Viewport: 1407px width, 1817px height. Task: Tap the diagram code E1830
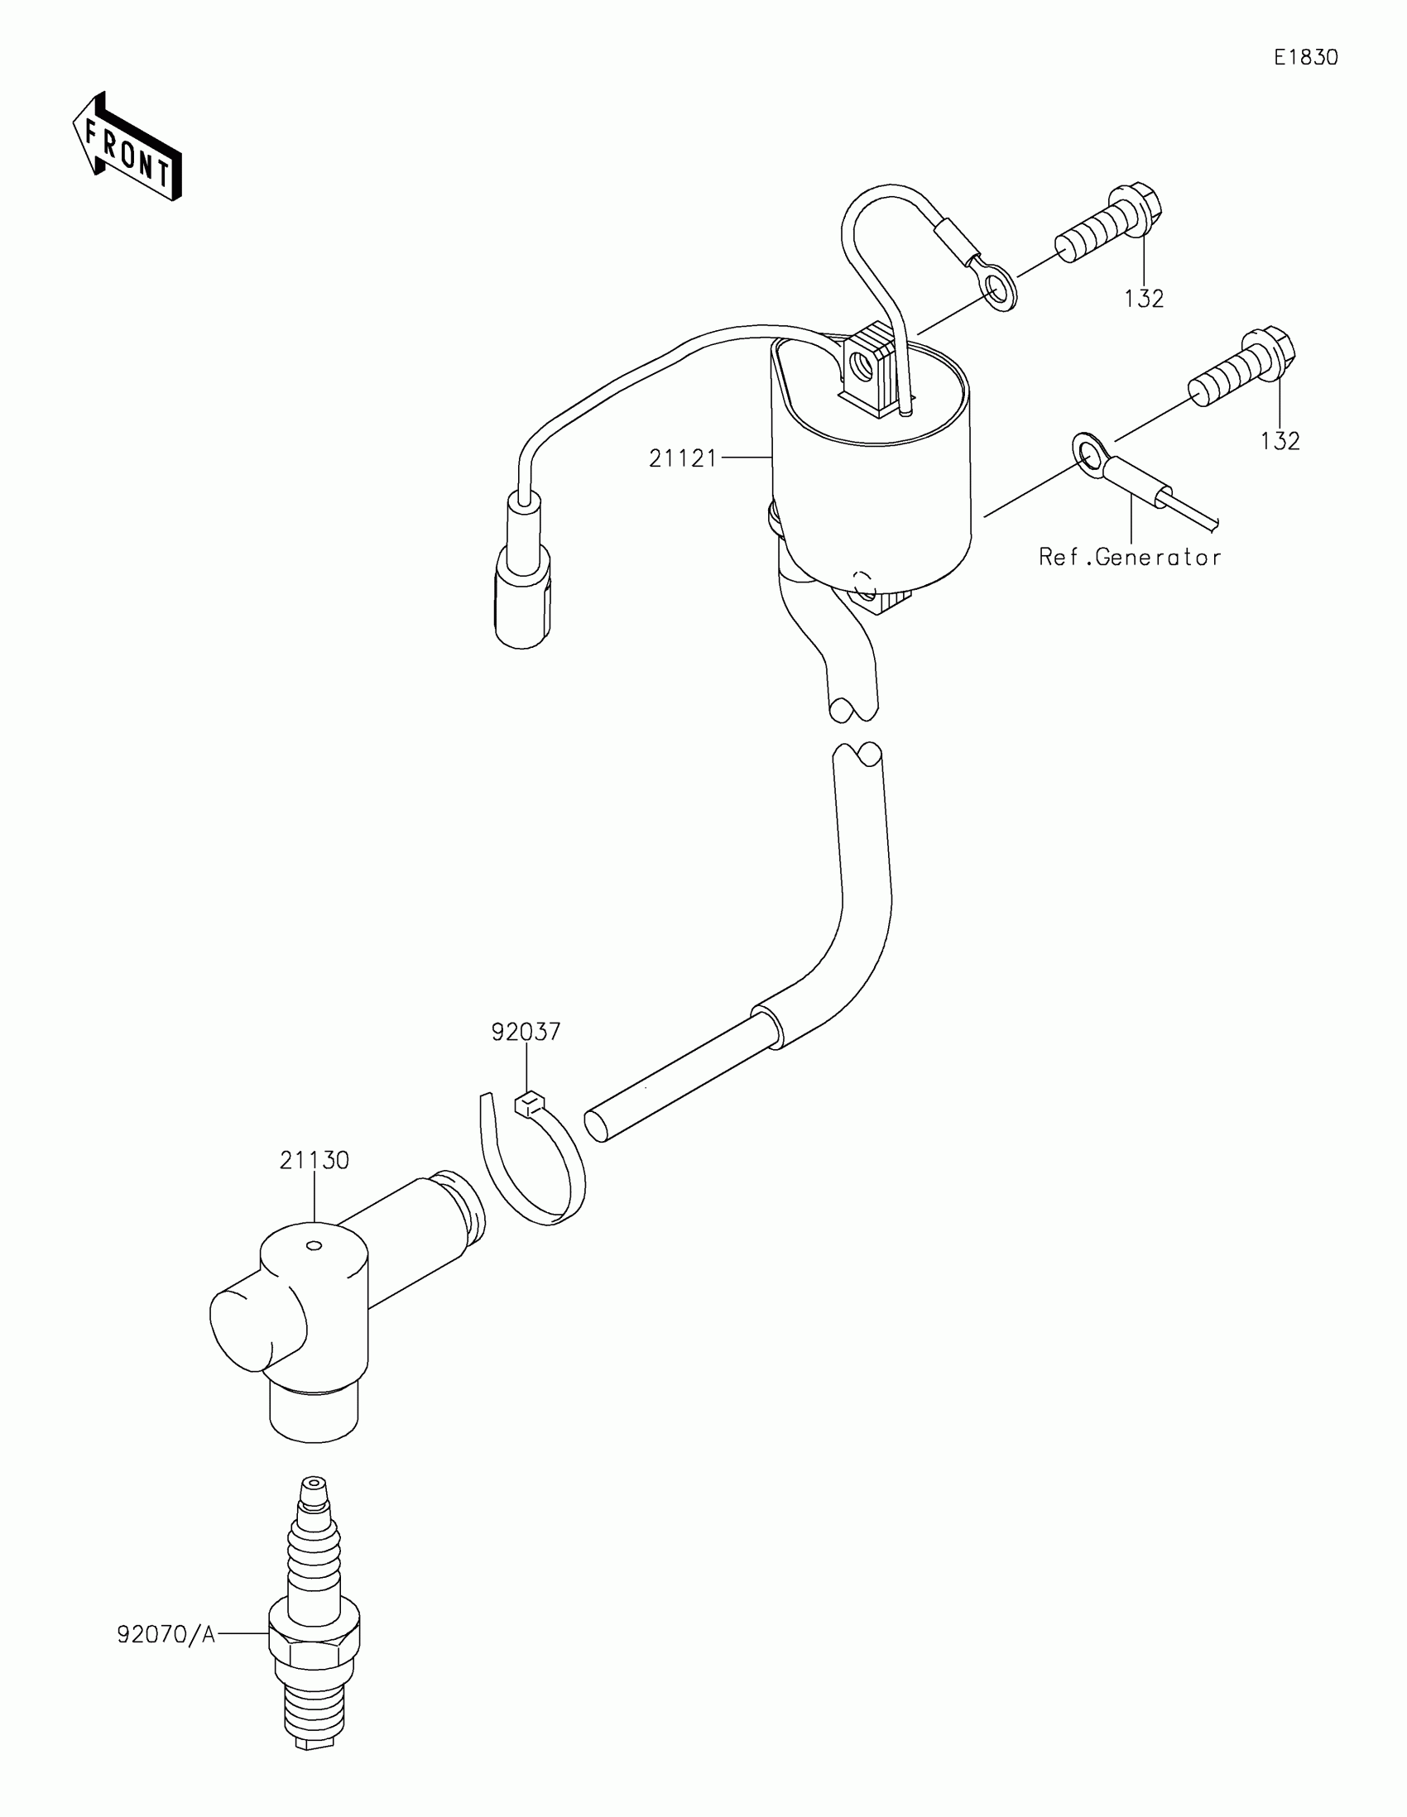click(1305, 57)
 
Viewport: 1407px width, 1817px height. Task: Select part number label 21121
click(682, 458)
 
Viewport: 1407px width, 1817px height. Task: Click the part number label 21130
click(314, 1160)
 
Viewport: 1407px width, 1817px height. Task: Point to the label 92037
click(526, 1032)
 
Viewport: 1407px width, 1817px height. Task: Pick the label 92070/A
click(166, 1635)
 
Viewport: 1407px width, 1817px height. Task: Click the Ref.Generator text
click(1129, 558)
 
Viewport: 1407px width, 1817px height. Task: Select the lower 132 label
click(1280, 441)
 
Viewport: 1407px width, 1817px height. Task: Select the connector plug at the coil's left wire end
click(522, 596)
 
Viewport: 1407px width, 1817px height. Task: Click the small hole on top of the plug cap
click(314, 1245)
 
